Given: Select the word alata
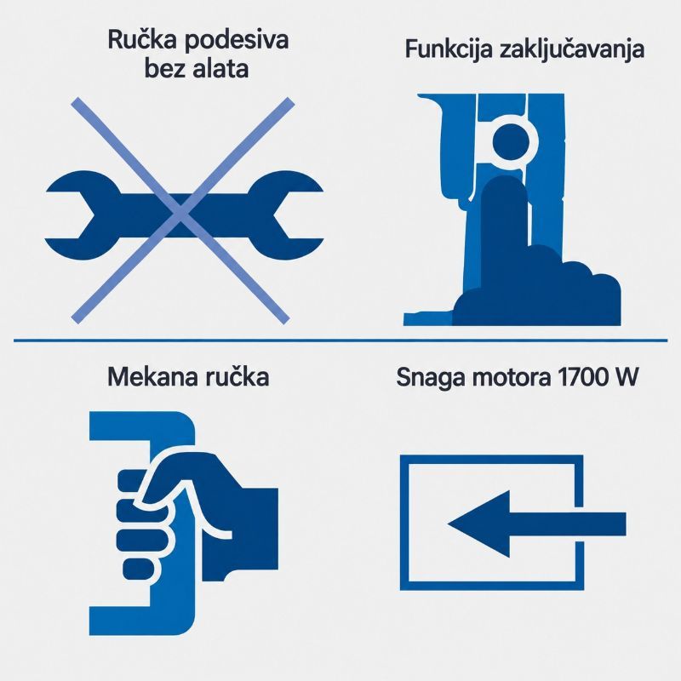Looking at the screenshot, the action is click(x=220, y=69).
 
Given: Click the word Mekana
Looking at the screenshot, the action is click(x=151, y=376).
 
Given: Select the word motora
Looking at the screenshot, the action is click(x=509, y=378).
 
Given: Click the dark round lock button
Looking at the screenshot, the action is click(x=511, y=142).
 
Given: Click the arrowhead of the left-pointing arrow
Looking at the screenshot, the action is click(x=478, y=524).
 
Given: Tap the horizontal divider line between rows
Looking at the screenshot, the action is click(x=340, y=340).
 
